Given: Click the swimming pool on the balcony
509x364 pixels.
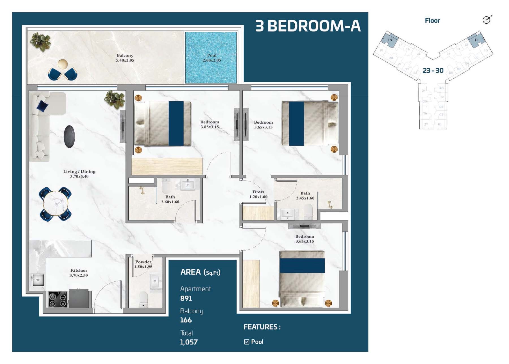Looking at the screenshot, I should click(x=211, y=57).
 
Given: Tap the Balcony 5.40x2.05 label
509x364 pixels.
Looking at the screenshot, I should click(x=125, y=58).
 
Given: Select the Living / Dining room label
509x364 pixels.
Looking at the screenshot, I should click(x=79, y=174).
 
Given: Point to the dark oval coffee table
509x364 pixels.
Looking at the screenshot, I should click(x=69, y=136).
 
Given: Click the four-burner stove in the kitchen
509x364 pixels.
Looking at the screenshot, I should click(x=58, y=300).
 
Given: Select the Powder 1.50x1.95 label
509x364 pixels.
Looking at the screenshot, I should click(x=143, y=264).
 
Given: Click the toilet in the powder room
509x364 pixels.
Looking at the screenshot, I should click(x=143, y=299).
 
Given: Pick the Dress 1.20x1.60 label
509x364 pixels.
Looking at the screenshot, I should click(x=258, y=194).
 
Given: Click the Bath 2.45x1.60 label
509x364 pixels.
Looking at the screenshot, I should click(x=305, y=195).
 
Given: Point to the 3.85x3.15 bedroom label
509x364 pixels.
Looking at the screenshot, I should click(x=210, y=124).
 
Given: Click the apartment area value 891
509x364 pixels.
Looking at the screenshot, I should click(x=186, y=298).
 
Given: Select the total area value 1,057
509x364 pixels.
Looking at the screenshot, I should click(x=189, y=342).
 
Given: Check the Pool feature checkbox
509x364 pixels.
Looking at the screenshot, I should click(x=247, y=342).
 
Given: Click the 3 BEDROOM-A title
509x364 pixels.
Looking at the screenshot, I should click(x=308, y=26).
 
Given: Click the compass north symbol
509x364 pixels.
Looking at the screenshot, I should click(x=487, y=20).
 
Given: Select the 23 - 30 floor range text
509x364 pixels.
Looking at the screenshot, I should click(x=433, y=70).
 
